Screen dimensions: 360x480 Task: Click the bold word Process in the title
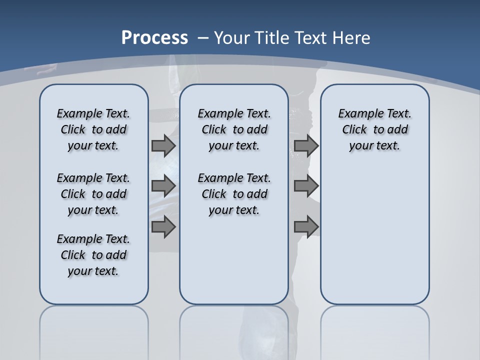(x=154, y=37)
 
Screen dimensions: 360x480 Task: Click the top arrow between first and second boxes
(x=163, y=145)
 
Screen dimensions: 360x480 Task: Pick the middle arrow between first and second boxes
(x=163, y=186)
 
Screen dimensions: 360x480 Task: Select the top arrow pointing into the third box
(x=306, y=145)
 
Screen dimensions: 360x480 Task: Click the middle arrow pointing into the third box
(x=306, y=186)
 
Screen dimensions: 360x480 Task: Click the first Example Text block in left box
(x=93, y=129)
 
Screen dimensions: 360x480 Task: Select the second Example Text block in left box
(x=93, y=194)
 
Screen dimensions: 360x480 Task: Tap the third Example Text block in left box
(x=93, y=255)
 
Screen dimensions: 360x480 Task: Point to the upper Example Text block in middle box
(x=234, y=129)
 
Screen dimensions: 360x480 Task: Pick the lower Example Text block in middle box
(x=234, y=194)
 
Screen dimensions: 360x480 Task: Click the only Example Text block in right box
(x=374, y=129)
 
